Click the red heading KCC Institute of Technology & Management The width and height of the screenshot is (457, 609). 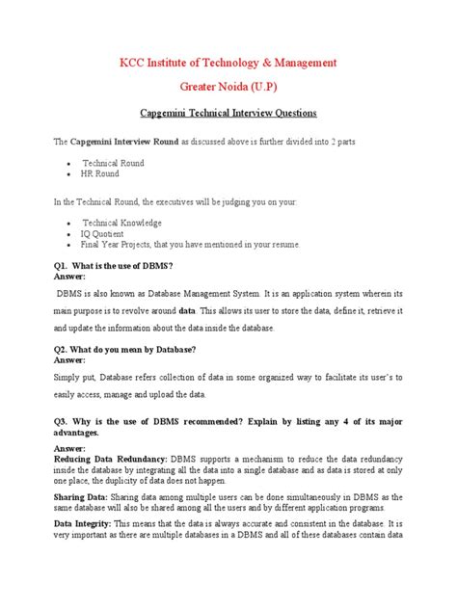point(228,63)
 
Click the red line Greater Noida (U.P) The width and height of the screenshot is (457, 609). point(228,85)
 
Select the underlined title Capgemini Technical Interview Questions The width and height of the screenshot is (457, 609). point(228,112)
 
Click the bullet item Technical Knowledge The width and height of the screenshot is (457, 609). point(121,223)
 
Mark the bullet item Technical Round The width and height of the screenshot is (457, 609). point(113,164)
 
